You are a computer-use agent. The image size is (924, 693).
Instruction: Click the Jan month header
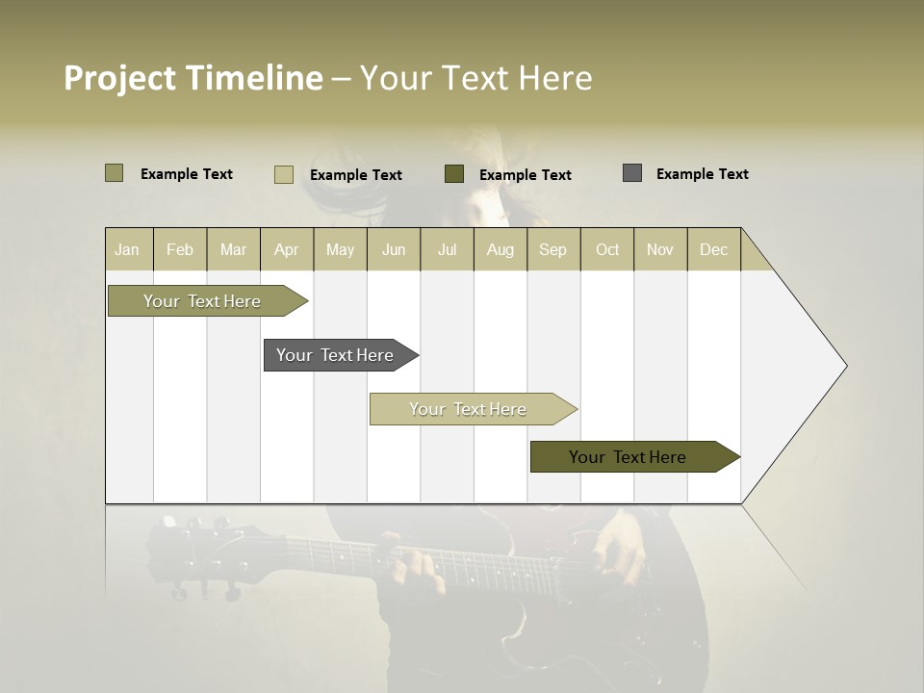pyautogui.click(x=127, y=249)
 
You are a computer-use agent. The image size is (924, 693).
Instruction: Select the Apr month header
pyautogui.click(x=286, y=249)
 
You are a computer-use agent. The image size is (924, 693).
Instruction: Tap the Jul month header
pyautogui.click(x=447, y=249)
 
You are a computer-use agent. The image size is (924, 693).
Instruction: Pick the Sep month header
pyautogui.click(x=552, y=249)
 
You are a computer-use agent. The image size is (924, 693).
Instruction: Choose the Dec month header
pyautogui.click(x=713, y=249)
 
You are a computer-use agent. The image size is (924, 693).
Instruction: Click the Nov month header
pyautogui.click(x=659, y=249)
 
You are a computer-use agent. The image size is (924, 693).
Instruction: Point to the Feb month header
pyautogui.click(x=180, y=249)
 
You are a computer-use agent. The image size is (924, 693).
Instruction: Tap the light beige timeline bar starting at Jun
pyautogui.click(x=469, y=409)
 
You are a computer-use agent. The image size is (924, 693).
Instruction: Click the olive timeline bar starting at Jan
pyautogui.click(x=203, y=301)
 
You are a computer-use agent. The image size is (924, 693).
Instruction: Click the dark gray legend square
pyautogui.click(x=632, y=173)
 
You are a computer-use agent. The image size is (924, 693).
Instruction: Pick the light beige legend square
pyautogui.click(x=284, y=174)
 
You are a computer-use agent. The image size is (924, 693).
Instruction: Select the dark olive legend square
pyautogui.click(x=454, y=173)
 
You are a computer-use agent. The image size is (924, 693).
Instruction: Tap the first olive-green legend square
pyautogui.click(x=114, y=173)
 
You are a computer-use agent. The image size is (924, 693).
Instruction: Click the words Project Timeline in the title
pyautogui.click(x=192, y=78)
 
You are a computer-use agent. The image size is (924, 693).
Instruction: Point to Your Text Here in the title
pyautogui.click(x=475, y=78)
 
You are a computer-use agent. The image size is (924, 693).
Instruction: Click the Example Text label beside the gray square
pyautogui.click(x=702, y=173)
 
